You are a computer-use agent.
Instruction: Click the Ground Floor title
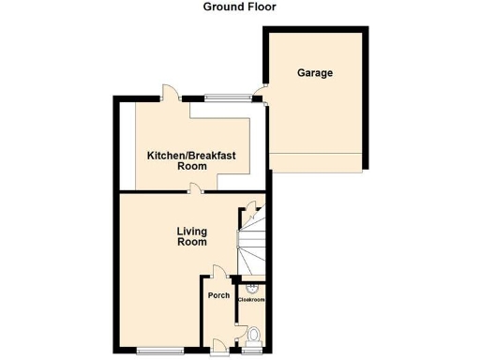(240, 7)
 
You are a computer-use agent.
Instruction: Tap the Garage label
(315, 72)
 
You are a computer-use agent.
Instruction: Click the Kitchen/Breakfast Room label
(191, 159)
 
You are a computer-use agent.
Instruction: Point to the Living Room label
(192, 236)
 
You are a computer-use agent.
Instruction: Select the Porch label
(218, 296)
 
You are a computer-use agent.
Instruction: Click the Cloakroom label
(251, 299)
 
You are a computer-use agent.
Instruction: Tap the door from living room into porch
(217, 274)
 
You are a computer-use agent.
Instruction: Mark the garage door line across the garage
(315, 153)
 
